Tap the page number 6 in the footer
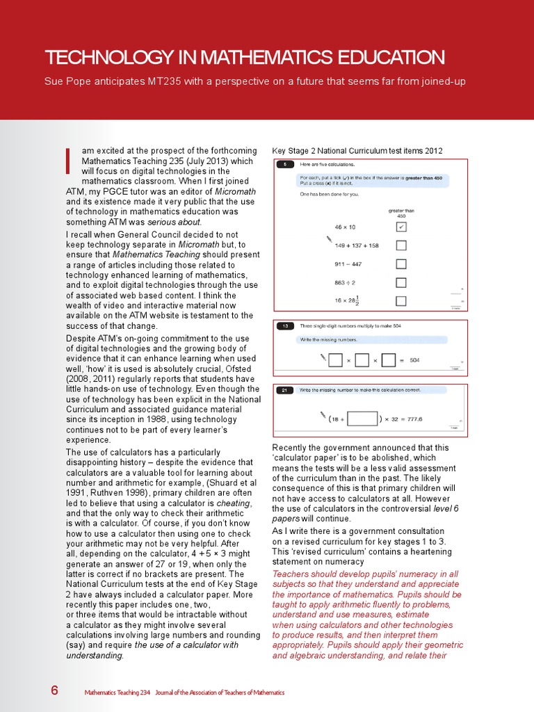click(54, 690)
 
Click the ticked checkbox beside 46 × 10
click(400, 227)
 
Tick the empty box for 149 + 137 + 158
click(400, 245)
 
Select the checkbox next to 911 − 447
click(400, 264)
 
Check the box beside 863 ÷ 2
click(400, 282)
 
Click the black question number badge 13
click(285, 325)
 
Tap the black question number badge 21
click(285, 391)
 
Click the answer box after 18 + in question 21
click(362, 419)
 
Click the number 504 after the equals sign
click(415, 360)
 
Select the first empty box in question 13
click(335, 360)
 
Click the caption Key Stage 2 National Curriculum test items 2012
click(357, 151)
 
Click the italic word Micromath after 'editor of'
click(236, 191)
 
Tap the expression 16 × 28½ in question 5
click(348, 300)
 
